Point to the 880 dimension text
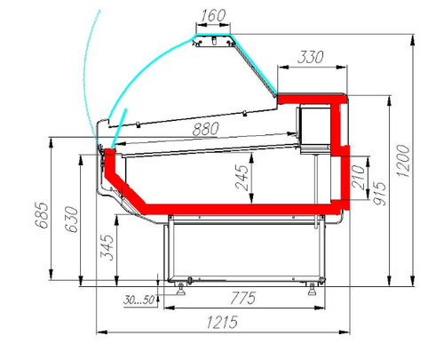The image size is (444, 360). (x=205, y=130)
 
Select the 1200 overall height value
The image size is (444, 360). (x=406, y=161)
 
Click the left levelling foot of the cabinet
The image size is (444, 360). (x=184, y=285)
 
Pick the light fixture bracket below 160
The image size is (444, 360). (x=213, y=41)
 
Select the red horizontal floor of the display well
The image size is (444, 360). (x=231, y=209)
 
